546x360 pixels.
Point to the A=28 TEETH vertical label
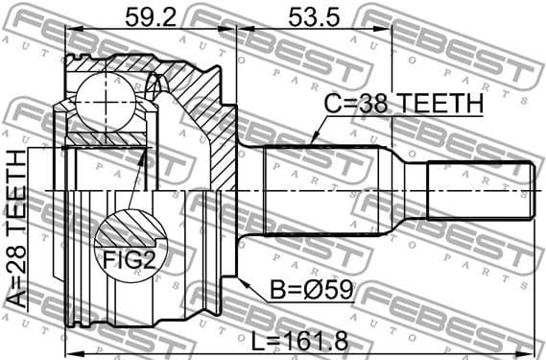coord(17,228)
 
